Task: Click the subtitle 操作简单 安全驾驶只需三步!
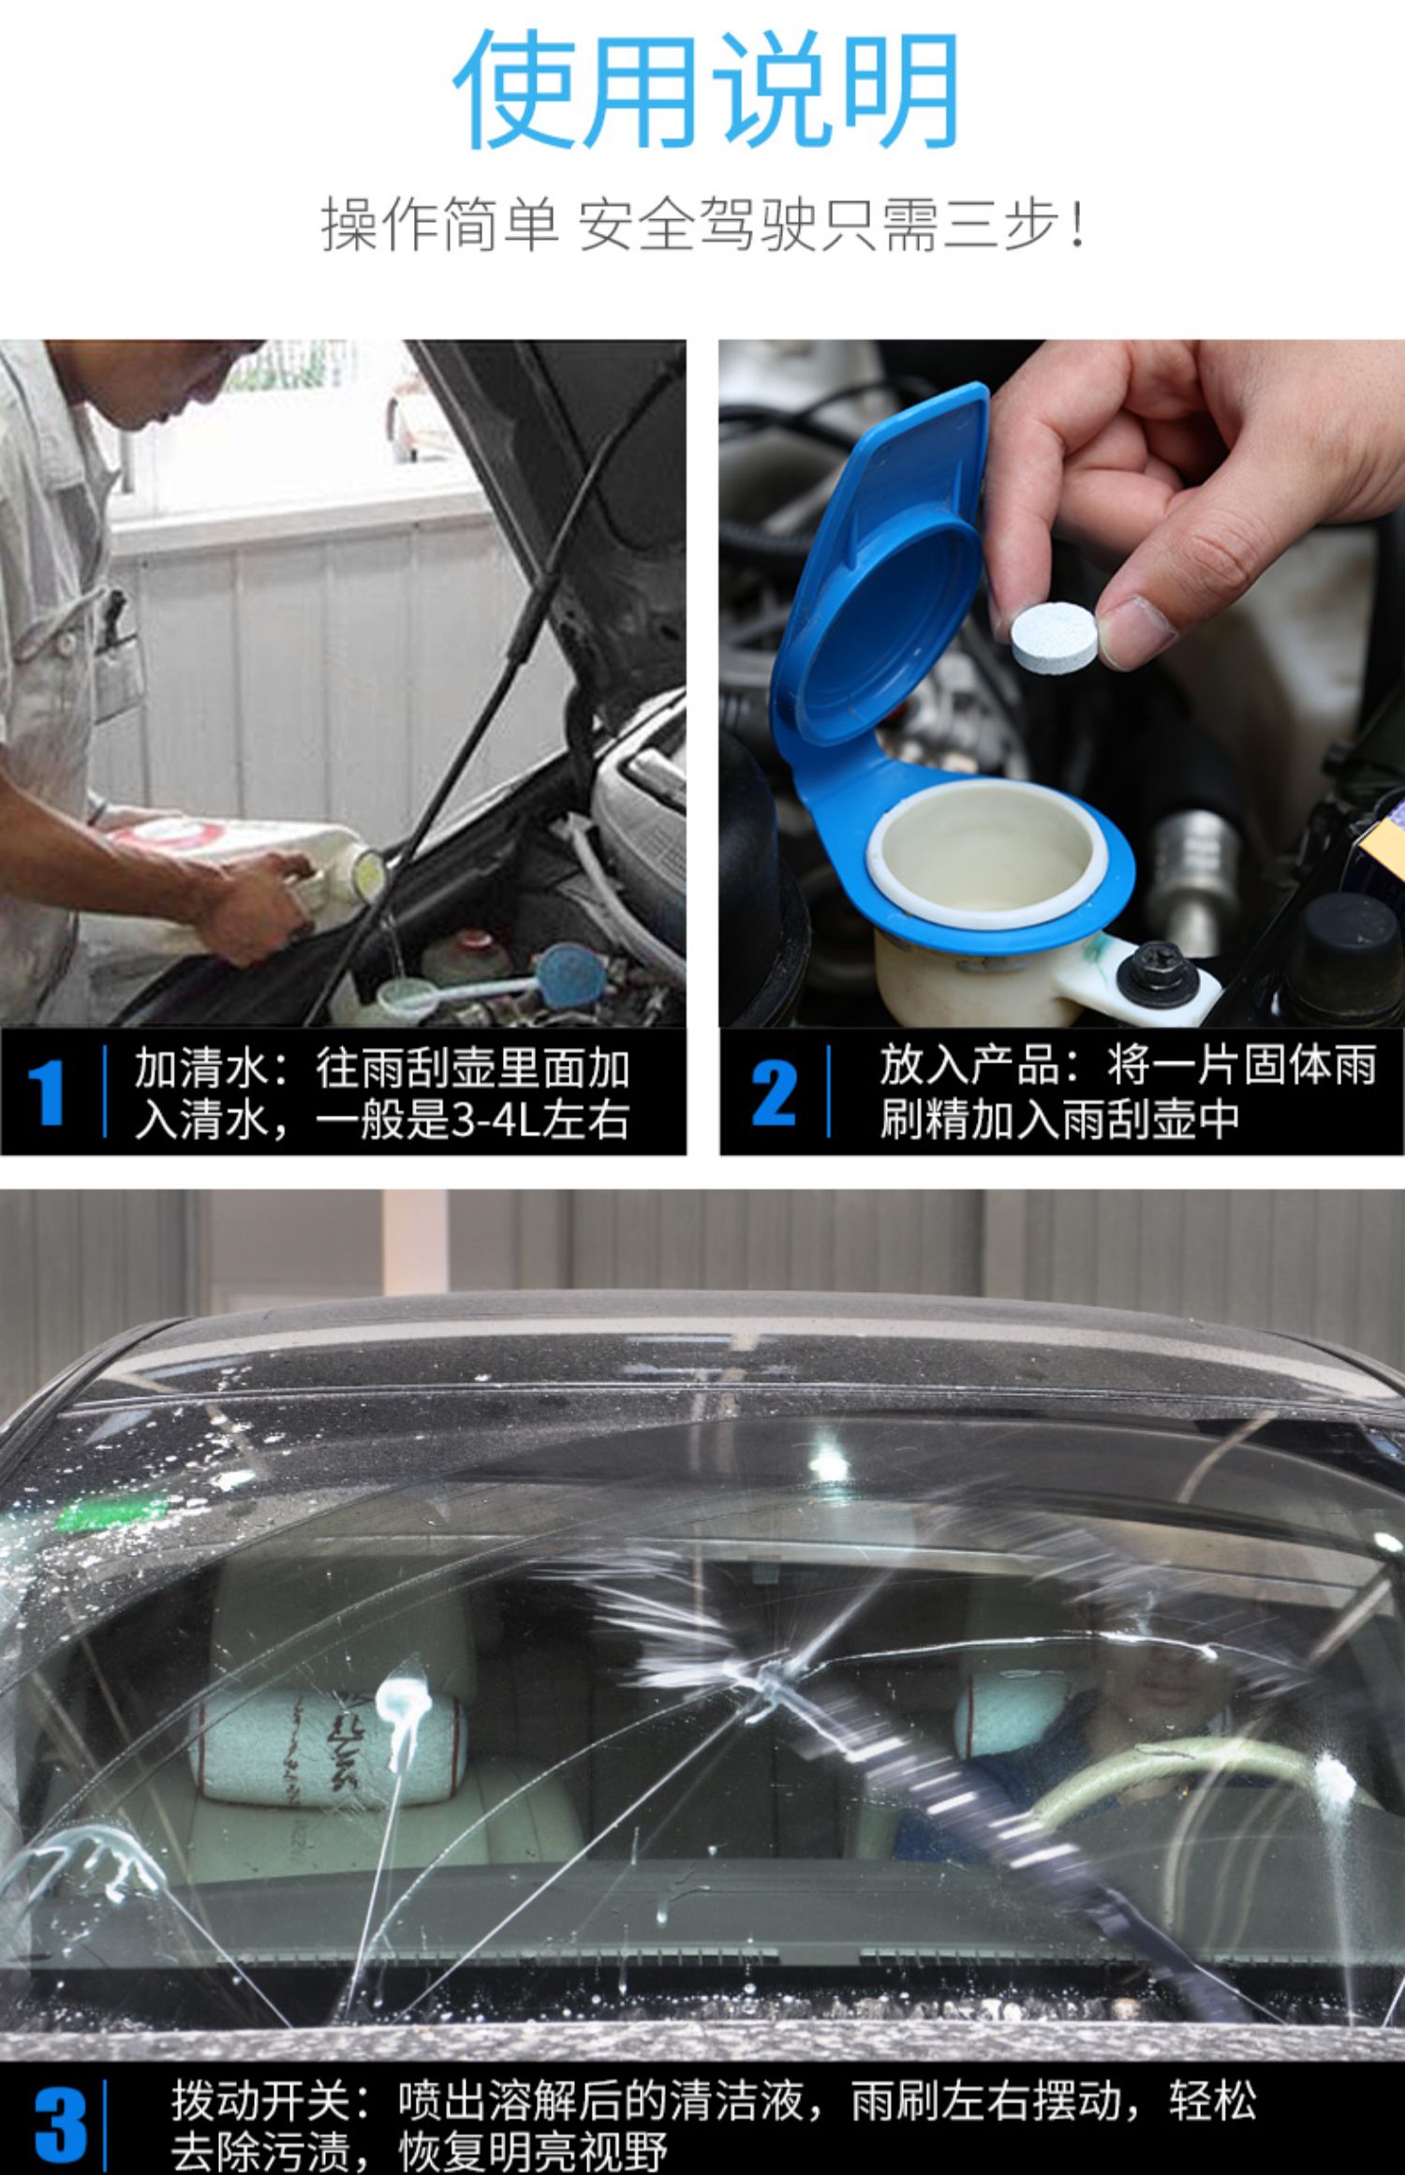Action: click(704, 224)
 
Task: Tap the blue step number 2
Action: click(773, 1092)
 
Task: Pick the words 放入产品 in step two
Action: click(969, 1065)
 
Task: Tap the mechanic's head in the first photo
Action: click(169, 384)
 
